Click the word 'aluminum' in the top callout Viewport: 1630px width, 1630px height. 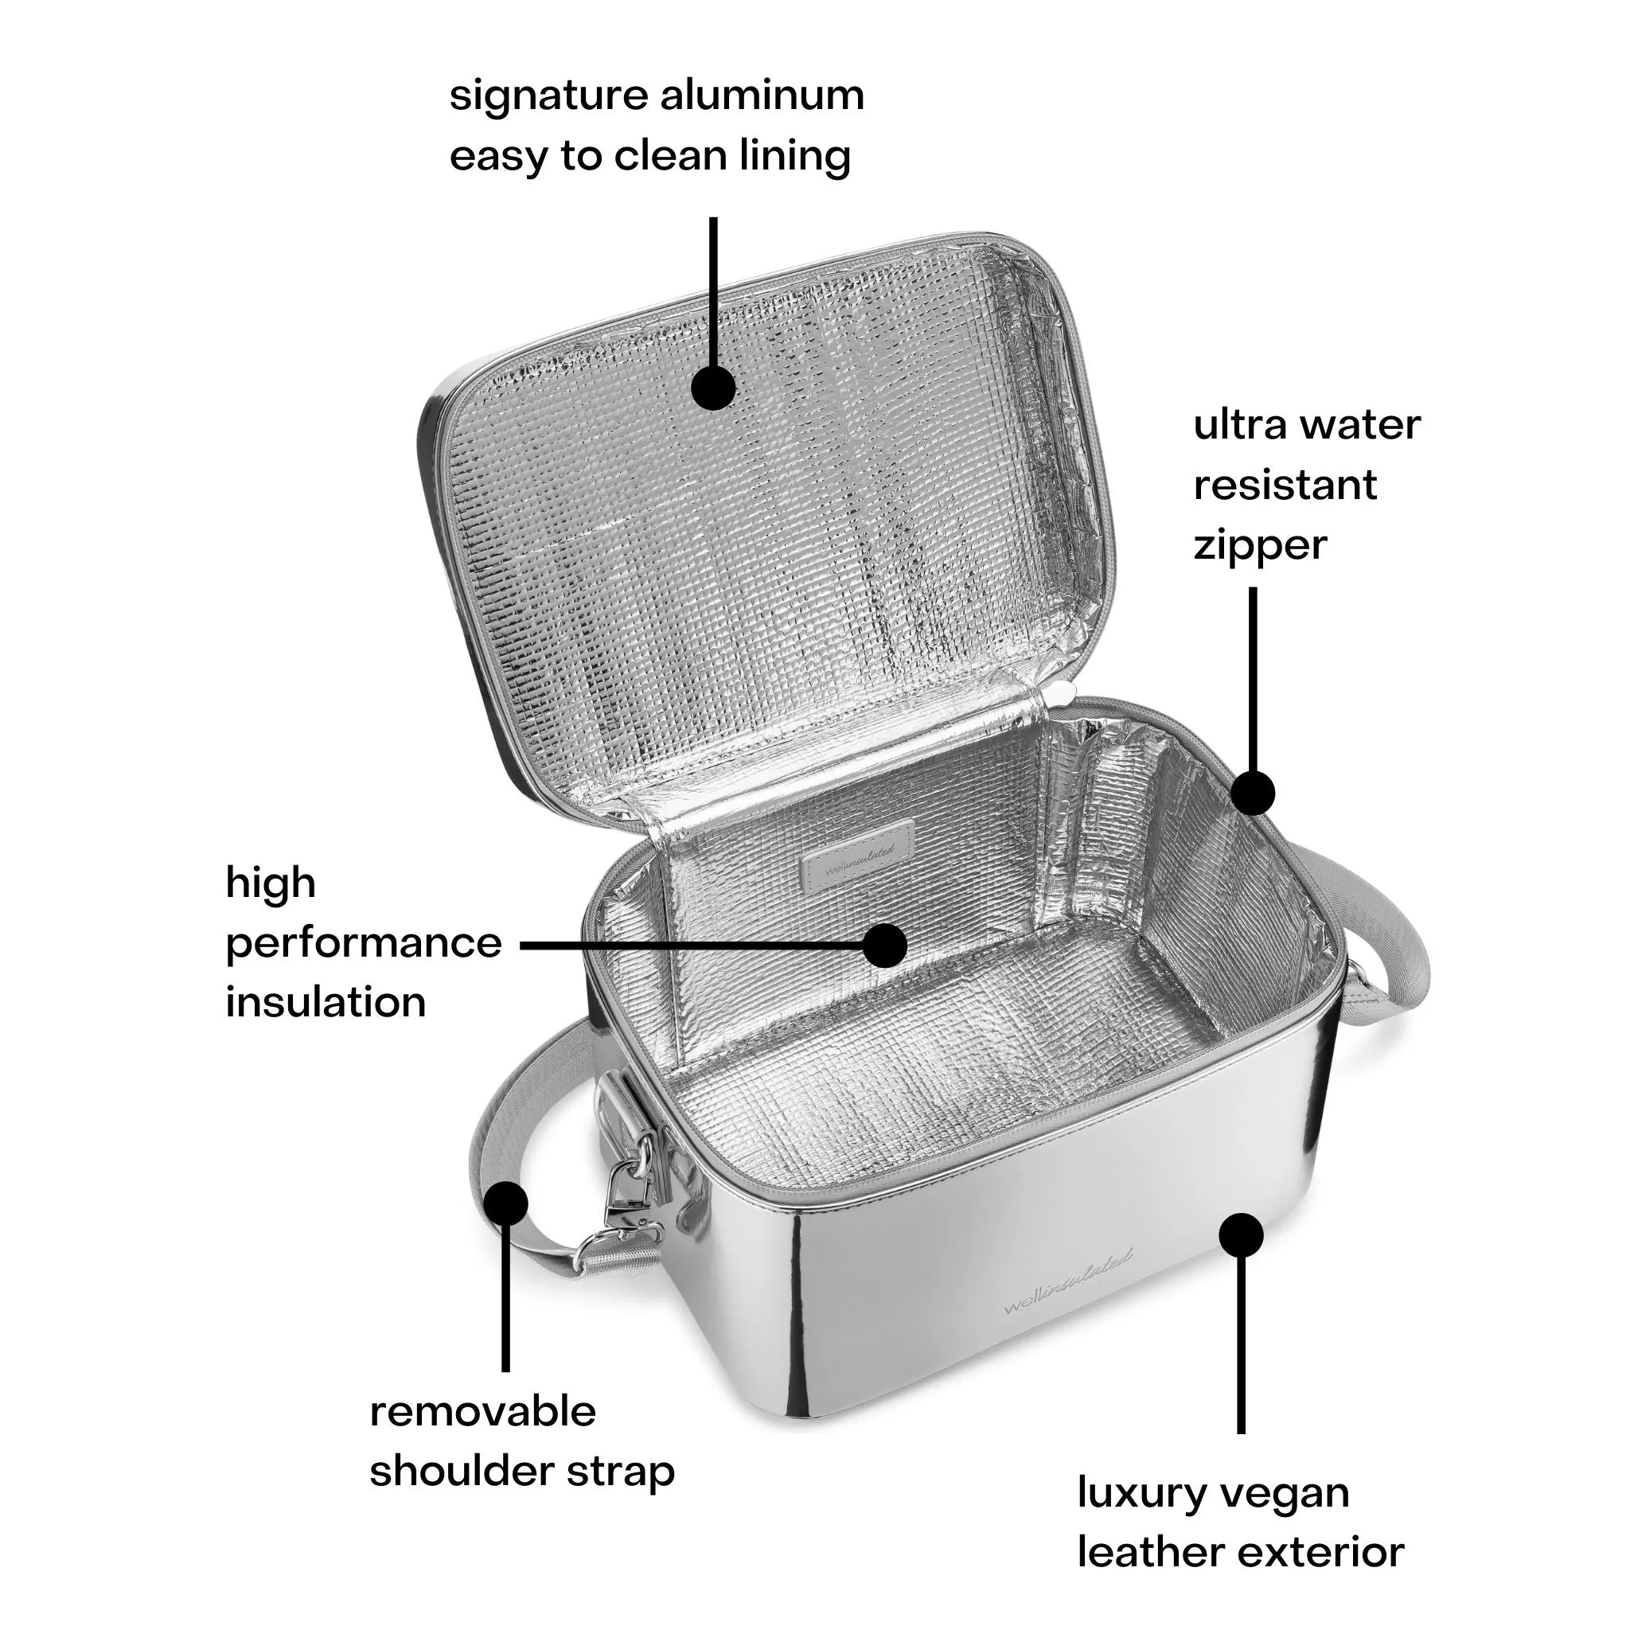click(762, 96)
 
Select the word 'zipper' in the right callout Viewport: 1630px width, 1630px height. click(1260, 546)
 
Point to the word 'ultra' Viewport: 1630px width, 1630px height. click(1238, 424)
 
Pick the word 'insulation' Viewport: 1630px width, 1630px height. click(326, 1003)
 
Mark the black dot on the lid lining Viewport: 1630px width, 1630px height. click(714, 388)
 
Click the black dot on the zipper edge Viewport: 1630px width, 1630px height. click(1253, 793)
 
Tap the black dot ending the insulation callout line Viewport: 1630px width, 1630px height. click(885, 945)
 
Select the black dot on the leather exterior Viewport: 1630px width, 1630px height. click(1241, 1237)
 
